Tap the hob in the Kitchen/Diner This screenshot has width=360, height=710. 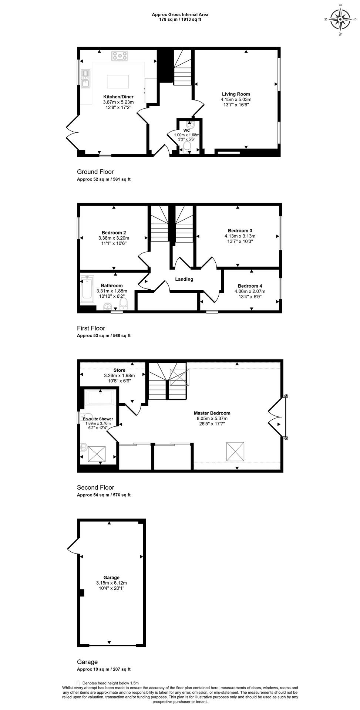120,56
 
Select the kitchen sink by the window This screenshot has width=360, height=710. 85,78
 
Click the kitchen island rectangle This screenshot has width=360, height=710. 118,81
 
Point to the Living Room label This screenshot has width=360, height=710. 236,94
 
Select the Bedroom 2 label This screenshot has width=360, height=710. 114,233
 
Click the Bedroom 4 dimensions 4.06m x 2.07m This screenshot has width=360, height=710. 250,291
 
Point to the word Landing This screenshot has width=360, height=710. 184,279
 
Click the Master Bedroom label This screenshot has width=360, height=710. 212,413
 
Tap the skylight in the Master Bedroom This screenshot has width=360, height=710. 235,451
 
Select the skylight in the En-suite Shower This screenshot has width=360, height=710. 97,454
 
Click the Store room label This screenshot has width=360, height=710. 119,370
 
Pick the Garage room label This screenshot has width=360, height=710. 111,578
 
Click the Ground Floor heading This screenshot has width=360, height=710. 95,172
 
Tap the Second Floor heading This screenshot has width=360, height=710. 95,487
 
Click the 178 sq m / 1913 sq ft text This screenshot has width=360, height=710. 180,19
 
